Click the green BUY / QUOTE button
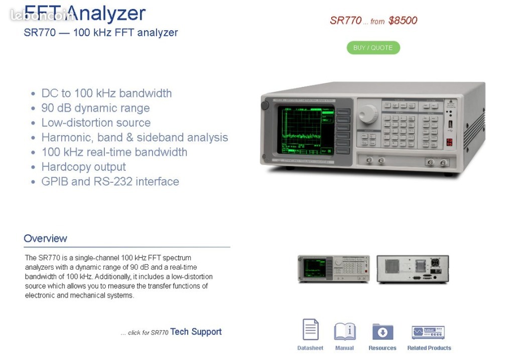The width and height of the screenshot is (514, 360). (373, 48)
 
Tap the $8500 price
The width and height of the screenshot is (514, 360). (403, 21)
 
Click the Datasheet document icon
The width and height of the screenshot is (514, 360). (310, 330)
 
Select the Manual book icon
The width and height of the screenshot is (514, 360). (345, 331)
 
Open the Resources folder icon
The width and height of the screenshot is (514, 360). (382, 331)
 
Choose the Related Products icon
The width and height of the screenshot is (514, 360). (428, 332)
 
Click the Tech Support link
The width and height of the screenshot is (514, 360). (196, 331)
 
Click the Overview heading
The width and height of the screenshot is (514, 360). (45, 238)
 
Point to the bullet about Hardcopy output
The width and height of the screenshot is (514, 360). (83, 167)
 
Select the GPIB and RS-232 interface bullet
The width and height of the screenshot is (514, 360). (110, 181)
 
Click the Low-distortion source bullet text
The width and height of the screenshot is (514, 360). (96, 123)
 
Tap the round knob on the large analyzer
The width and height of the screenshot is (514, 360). (368, 113)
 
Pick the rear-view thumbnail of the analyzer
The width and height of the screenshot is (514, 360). (413, 269)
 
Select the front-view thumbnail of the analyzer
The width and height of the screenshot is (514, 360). (333, 269)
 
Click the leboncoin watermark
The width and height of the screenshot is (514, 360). (41, 16)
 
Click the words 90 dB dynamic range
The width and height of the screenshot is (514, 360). (95, 108)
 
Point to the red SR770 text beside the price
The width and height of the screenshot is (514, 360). (345, 21)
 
